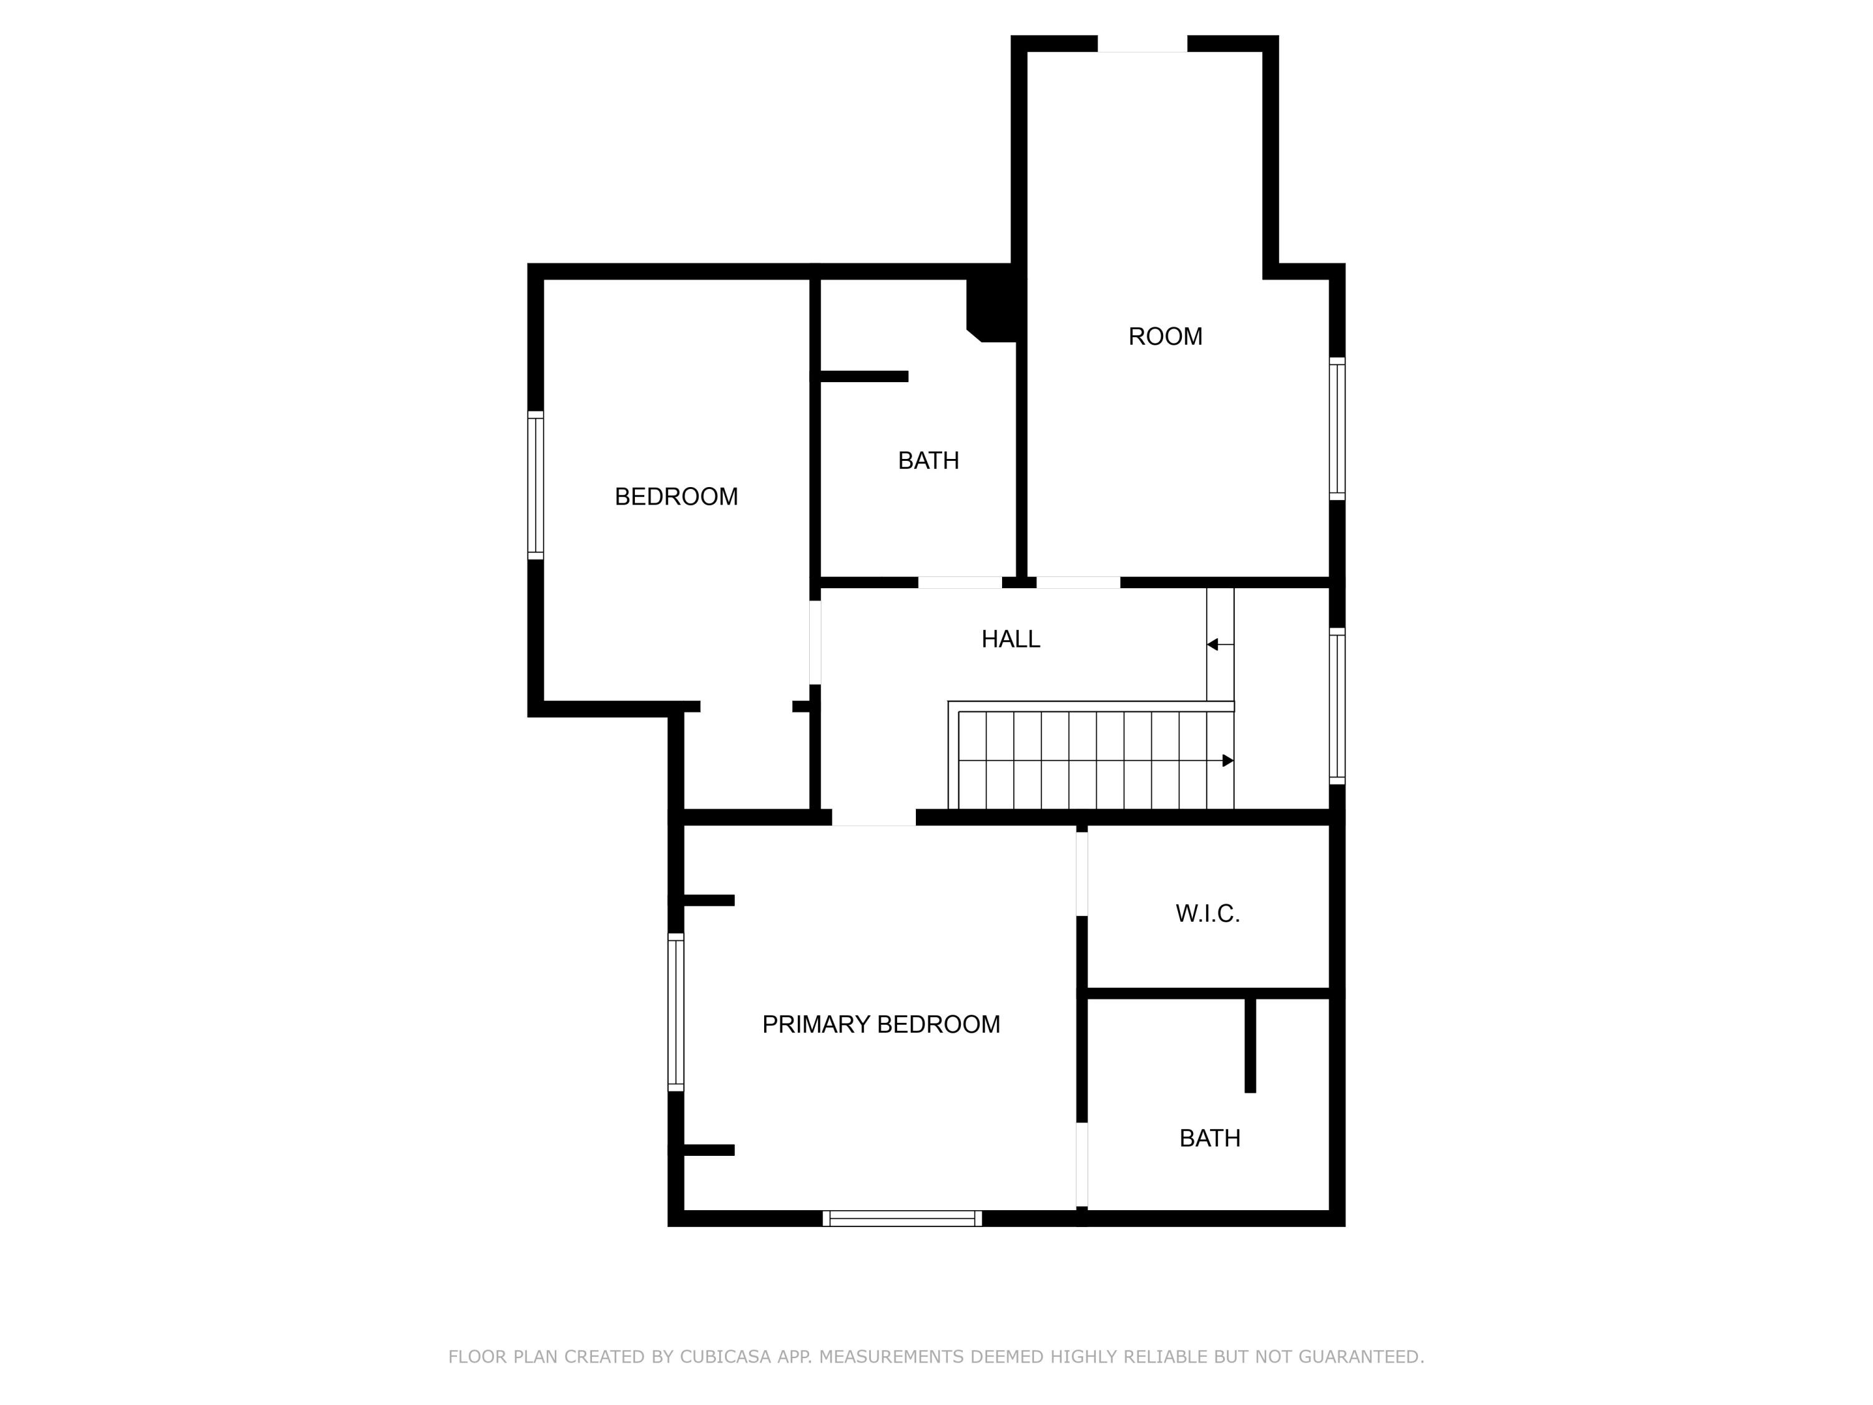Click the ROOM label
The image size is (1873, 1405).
coord(1164,336)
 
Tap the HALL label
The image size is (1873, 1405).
coord(1010,639)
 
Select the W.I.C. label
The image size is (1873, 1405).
coord(1207,914)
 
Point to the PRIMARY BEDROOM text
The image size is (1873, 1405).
coord(880,1025)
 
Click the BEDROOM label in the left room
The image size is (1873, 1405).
coord(676,496)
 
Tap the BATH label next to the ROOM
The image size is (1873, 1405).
coord(928,461)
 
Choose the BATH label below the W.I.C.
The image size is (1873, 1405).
coord(1209,1138)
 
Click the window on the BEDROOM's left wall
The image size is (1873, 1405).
coord(535,485)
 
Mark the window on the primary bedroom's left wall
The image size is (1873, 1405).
coord(676,1012)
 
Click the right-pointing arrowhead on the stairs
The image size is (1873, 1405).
coord(1228,761)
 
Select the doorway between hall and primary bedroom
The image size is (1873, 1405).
coord(874,817)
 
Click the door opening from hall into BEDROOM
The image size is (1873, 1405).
coord(815,642)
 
